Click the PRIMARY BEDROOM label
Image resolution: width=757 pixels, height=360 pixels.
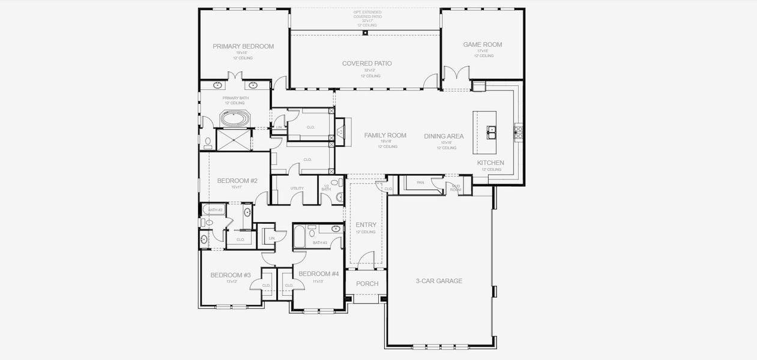(x=243, y=46)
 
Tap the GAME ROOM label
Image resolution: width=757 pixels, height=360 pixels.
(x=482, y=44)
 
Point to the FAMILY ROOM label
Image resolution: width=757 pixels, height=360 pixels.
(x=385, y=136)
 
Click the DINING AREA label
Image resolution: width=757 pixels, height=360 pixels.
(x=444, y=136)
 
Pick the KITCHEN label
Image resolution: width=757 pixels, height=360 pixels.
(x=490, y=163)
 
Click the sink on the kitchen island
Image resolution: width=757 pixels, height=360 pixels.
(x=491, y=129)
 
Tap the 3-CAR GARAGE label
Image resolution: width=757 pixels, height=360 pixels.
(x=439, y=281)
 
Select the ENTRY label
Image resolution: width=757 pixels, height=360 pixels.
(x=366, y=225)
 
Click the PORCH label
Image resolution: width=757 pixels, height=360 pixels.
(x=367, y=284)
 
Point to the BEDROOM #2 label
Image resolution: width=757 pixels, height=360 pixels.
(x=237, y=181)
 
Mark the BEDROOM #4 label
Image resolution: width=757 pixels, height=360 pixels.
(x=318, y=274)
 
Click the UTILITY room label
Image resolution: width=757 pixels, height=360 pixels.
(x=297, y=188)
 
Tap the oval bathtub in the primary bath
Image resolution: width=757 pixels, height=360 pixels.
(x=235, y=119)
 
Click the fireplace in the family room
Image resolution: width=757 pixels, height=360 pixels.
(x=340, y=132)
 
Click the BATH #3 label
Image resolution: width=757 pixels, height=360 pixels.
(x=320, y=243)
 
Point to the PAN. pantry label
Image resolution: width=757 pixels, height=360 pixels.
(x=420, y=182)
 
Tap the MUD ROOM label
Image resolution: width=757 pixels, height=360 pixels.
(x=456, y=188)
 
